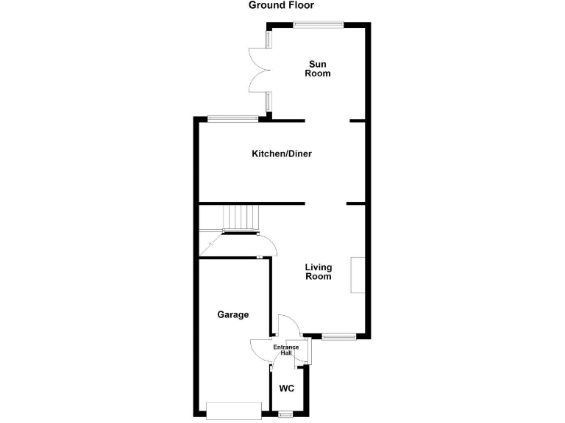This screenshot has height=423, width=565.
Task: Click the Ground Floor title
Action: coord(282,5)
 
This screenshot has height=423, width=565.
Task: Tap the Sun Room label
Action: coord(318,69)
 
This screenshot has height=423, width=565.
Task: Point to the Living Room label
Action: coord(319,272)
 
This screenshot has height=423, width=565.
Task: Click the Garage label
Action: coord(232,314)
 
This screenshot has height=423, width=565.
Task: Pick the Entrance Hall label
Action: coord(286,350)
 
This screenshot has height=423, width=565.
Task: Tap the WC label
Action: coord(287,388)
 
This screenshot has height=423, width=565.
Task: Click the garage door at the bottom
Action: coord(235,409)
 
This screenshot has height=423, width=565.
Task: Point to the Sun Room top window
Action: coord(318,25)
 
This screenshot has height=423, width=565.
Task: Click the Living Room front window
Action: coord(338,337)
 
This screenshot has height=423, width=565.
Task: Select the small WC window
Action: coord(285,414)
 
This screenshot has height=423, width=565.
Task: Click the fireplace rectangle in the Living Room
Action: coord(358,275)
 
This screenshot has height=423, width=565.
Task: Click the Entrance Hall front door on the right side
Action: coord(308,350)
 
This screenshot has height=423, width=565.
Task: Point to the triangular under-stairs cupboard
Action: coord(210,242)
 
